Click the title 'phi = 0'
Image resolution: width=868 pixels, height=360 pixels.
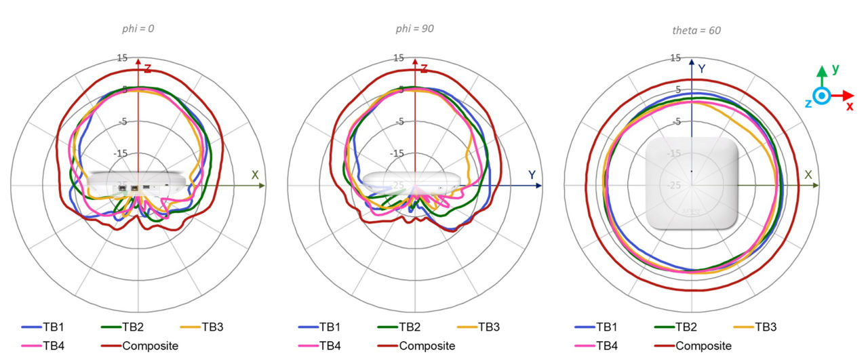tap(138, 28)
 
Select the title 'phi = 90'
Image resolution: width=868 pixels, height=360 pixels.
tap(414, 28)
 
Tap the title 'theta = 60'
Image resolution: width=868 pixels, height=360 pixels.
tap(691, 30)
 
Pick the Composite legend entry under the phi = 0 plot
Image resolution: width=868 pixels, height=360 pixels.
tap(140, 346)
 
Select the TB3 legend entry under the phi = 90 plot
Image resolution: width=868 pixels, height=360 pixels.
tap(477, 327)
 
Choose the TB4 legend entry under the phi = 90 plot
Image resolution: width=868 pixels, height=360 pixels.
tap(319, 346)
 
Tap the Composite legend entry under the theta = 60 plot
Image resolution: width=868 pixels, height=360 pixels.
tap(693, 346)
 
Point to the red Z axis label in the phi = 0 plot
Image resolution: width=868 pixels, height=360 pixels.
tap(147, 68)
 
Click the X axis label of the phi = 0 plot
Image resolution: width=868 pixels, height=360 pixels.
tap(255, 175)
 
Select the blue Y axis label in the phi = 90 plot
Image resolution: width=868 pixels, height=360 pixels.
tap(532, 175)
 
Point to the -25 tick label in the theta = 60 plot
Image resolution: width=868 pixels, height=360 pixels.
tap(674, 185)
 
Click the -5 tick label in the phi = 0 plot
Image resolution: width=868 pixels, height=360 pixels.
tap(123, 121)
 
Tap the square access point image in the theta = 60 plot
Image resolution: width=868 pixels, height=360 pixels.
tap(691, 184)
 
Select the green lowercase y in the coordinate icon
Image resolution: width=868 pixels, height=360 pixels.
tap(835, 68)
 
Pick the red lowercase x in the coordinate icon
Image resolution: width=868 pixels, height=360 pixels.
tap(849, 106)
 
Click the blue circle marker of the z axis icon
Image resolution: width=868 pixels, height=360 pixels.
tap(821, 96)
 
